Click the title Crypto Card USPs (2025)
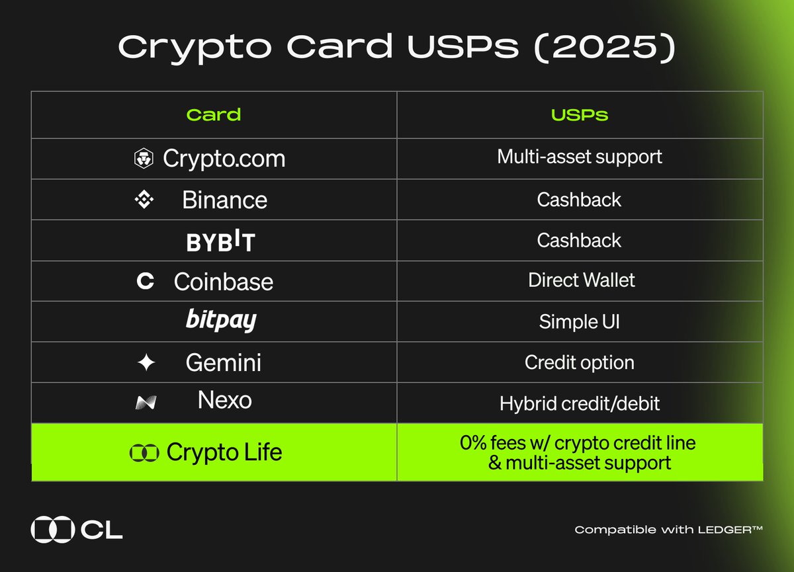(x=396, y=48)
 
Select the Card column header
(x=214, y=115)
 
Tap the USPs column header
(x=580, y=115)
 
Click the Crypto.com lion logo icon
(x=144, y=159)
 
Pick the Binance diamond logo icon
(x=144, y=200)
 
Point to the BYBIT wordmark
(x=220, y=242)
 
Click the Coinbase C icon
(x=145, y=282)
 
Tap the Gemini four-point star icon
(x=146, y=362)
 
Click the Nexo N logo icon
(x=146, y=403)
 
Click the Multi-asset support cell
(x=580, y=157)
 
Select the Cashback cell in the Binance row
(x=580, y=200)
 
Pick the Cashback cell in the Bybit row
(x=580, y=240)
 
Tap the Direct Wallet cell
(x=581, y=280)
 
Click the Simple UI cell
(x=580, y=322)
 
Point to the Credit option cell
(x=580, y=362)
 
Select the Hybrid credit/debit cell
(x=580, y=403)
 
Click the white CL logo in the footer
(x=77, y=530)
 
